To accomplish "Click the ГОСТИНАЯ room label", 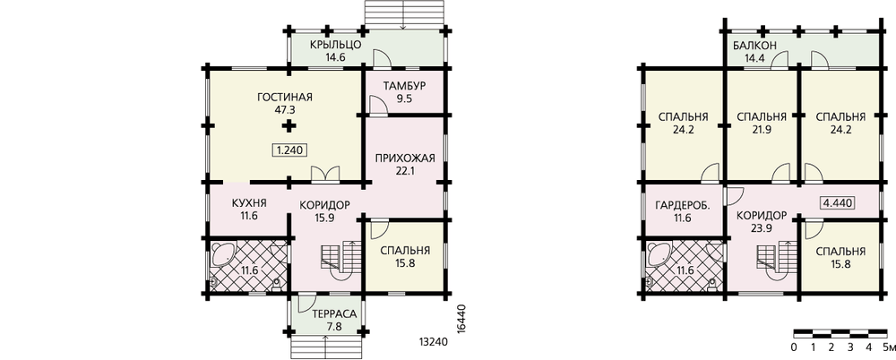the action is (x=288, y=97).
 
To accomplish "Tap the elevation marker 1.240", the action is (x=289, y=150).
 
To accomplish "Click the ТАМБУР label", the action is (x=405, y=87).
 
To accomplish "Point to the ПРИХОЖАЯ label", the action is (x=405, y=159).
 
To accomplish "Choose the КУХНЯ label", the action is (x=249, y=204).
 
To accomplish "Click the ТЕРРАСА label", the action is (x=335, y=314).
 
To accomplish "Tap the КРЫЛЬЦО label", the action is (x=335, y=45).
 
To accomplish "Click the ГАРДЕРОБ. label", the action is (x=683, y=204).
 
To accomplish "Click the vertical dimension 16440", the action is (x=463, y=317).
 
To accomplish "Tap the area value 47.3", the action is (x=287, y=108).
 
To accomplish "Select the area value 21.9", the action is (x=761, y=129).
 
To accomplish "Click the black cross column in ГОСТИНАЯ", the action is (x=290, y=126).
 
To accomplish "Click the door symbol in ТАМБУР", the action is (x=377, y=107).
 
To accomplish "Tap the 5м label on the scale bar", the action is (x=887, y=347).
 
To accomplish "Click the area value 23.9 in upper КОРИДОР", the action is (x=761, y=227).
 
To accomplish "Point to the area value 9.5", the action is (x=405, y=99).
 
